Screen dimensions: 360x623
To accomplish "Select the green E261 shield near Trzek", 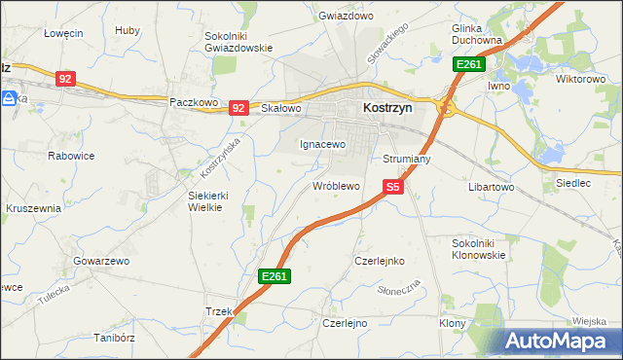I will point(274,277).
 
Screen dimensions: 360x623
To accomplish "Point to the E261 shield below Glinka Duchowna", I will point(469,64).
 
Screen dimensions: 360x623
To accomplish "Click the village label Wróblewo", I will point(336,185).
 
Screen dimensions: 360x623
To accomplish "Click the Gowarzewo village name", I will point(101,262).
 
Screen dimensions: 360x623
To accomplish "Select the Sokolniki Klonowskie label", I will point(479,248).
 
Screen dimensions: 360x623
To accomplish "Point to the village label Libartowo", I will point(491,186).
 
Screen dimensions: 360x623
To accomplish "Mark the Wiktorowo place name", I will point(580,79).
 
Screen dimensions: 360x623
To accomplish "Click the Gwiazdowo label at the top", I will point(347,17).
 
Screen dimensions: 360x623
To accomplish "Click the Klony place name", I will point(451,322).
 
